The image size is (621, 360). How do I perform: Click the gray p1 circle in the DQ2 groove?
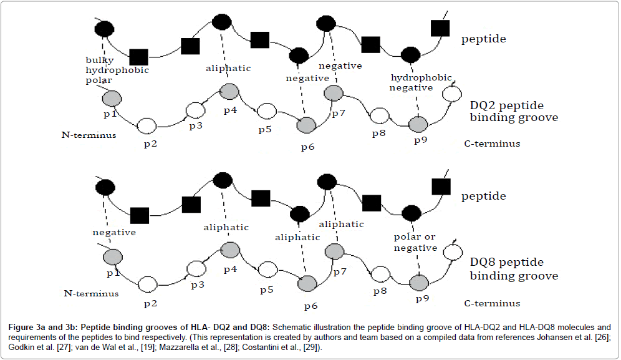pos(112,98)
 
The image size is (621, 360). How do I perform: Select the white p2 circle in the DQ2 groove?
pos(147,125)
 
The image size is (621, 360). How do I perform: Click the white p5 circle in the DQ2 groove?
pos(267,111)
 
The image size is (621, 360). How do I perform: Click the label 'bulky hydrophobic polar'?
pos(117,71)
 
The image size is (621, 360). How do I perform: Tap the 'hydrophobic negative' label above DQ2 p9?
pos(412,82)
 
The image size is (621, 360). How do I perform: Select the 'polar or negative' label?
pos(415,243)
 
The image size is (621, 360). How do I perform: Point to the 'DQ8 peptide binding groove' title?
pos(514,269)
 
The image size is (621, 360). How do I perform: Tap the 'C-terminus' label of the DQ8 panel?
pos(492,303)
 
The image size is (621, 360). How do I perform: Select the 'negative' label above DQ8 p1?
pos(114,232)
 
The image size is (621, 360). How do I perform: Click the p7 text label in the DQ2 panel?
pos(339,114)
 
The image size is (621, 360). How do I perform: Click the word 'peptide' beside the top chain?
pos(483,39)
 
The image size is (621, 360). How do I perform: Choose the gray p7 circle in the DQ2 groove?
pos(334,94)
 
